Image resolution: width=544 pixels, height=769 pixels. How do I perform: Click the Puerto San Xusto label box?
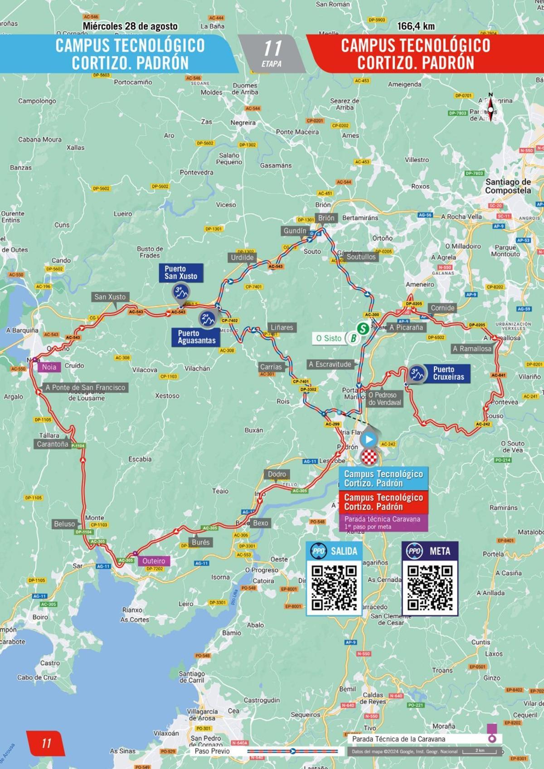click(181, 273)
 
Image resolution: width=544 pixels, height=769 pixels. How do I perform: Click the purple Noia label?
click(49, 367)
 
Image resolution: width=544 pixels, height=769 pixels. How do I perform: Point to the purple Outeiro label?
click(154, 561)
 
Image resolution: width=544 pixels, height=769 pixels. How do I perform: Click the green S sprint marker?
click(362, 327)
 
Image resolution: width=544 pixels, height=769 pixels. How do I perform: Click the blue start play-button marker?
click(369, 439)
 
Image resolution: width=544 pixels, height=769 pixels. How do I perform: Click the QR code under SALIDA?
click(334, 588)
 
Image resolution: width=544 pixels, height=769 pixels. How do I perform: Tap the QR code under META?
click(430, 588)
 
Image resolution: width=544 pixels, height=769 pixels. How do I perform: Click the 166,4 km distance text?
click(416, 26)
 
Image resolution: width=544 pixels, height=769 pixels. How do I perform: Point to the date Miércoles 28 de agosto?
click(130, 26)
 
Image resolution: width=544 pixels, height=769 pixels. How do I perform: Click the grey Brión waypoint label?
click(326, 218)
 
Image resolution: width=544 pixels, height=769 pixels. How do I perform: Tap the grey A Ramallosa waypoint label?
click(471, 349)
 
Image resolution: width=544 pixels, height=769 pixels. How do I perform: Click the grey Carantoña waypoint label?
click(53, 444)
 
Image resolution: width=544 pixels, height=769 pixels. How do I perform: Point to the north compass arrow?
click(490, 107)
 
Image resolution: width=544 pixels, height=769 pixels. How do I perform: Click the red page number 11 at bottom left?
click(46, 743)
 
